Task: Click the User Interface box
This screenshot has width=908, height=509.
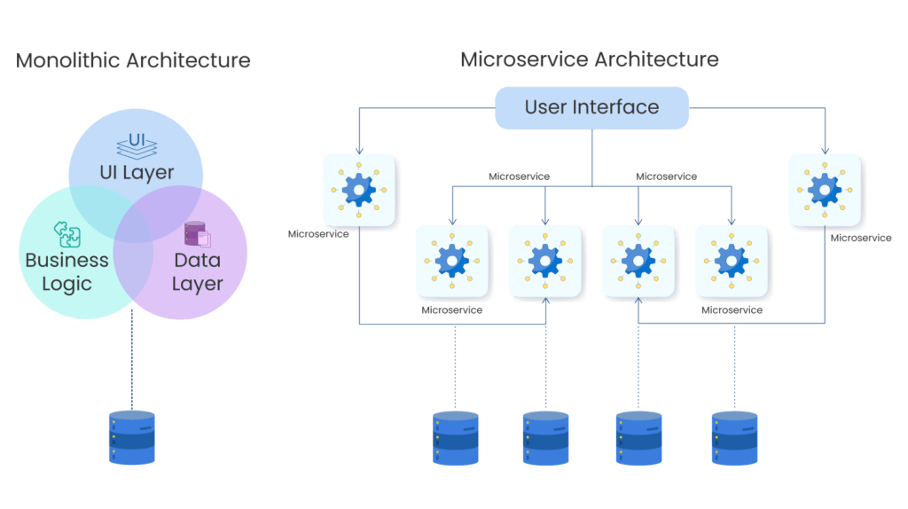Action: coord(591,108)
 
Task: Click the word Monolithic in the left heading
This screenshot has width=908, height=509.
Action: coord(68,60)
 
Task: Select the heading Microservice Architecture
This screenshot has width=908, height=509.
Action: coord(589,59)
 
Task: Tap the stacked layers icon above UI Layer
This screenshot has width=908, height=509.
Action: coord(135,144)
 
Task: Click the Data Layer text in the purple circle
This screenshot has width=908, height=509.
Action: coord(197,272)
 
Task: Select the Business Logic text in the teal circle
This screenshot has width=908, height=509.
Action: coord(67,272)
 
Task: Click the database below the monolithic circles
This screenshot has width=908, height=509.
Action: coord(131,437)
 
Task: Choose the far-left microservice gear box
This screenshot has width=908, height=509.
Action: coord(358,190)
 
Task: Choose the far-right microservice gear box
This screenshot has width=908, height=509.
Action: coord(825,190)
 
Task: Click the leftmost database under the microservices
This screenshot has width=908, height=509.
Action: coord(456,438)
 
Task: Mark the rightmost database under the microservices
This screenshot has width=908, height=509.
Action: coord(734,438)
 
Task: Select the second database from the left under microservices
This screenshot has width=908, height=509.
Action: coord(545,438)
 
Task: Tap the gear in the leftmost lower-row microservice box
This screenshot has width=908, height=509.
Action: coord(451,261)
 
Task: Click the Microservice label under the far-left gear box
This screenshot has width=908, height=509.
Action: coord(318,234)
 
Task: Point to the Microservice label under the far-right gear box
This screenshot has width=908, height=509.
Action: coord(861,238)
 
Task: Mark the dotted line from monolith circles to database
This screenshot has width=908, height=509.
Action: coord(131,364)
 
